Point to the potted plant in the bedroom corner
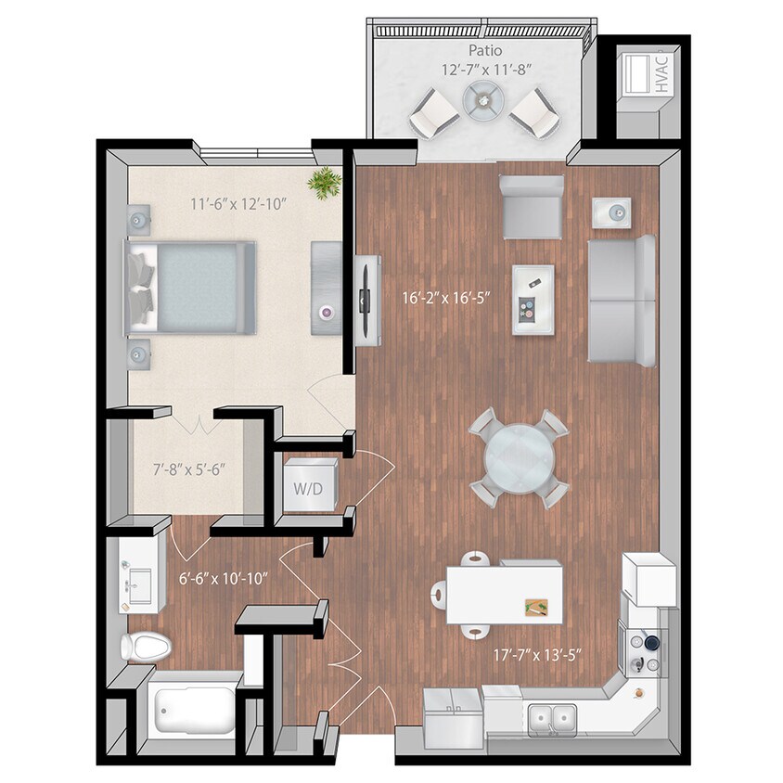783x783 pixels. [325, 182]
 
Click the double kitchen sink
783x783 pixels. [552, 715]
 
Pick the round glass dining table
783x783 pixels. [520, 457]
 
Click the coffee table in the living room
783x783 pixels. [533, 299]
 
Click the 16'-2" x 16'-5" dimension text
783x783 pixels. [445, 299]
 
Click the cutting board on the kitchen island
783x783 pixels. [536, 608]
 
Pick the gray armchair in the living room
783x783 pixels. [531, 206]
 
